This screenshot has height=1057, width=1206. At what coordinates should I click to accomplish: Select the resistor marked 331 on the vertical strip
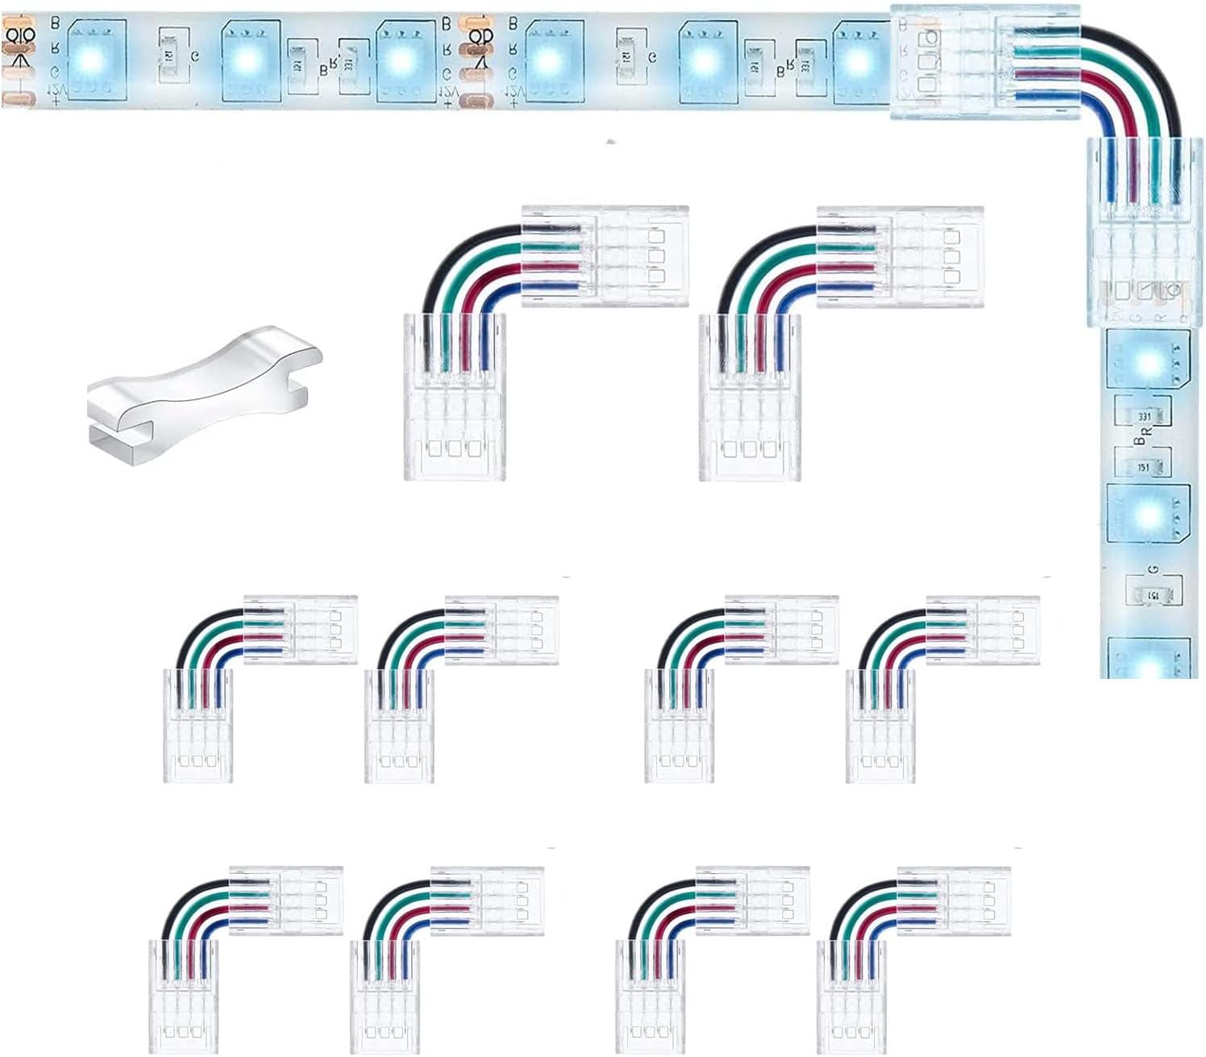click(1143, 416)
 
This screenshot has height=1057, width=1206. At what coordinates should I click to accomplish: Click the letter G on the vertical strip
click(1154, 571)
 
